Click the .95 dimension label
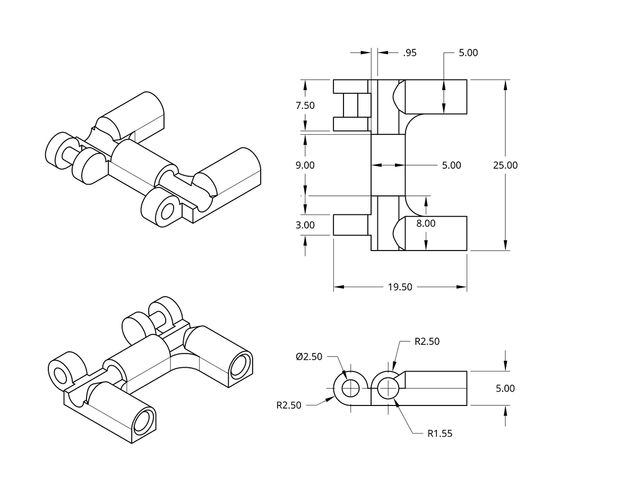tap(409, 53)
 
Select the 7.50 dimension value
tap(305, 105)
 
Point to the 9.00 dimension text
tap(305, 165)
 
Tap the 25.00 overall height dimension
tap(505, 165)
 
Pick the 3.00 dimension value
tap(305, 225)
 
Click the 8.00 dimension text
tap(426, 223)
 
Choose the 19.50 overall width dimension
tap(400, 287)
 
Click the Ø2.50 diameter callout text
tap(309, 357)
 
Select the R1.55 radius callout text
tap(440, 434)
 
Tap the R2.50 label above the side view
tap(427, 341)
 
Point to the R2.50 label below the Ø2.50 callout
tap(289, 405)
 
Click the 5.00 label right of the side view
tap(505, 389)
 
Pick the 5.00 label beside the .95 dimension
tap(468, 53)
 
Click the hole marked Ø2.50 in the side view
tap(350, 389)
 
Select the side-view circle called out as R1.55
tap(388, 389)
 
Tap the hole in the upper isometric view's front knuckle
tap(167, 212)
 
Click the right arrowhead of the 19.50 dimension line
tap(462, 287)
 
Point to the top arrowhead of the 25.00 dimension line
tap(505, 85)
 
